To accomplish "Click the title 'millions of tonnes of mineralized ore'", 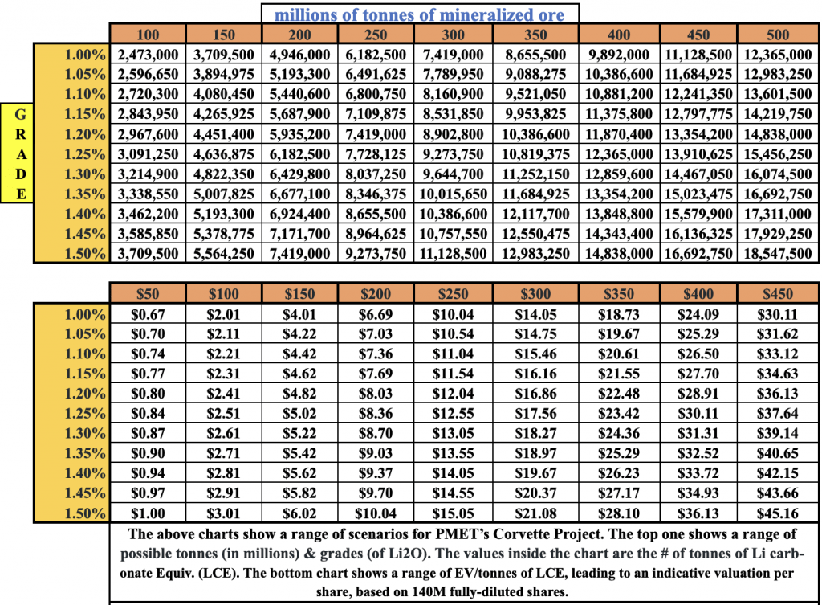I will click(419, 14).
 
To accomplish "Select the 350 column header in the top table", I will click(535, 35).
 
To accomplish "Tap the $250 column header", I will click(453, 294).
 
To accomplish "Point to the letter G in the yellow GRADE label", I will click(18, 114).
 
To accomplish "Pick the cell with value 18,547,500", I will click(778, 253).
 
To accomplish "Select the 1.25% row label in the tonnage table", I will click(84, 154).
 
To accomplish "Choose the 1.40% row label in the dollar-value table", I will click(84, 473).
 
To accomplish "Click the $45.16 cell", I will click(778, 513).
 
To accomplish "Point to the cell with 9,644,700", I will click(453, 174).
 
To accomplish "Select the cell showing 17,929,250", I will click(778, 233).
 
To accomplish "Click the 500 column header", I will click(778, 35).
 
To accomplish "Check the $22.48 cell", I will click(618, 394).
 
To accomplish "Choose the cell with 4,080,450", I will click(223, 94).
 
